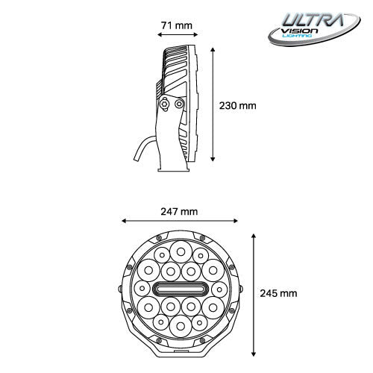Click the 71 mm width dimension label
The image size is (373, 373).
176,25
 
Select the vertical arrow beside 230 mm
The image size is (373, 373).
215,105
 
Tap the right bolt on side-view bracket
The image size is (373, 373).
178,105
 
